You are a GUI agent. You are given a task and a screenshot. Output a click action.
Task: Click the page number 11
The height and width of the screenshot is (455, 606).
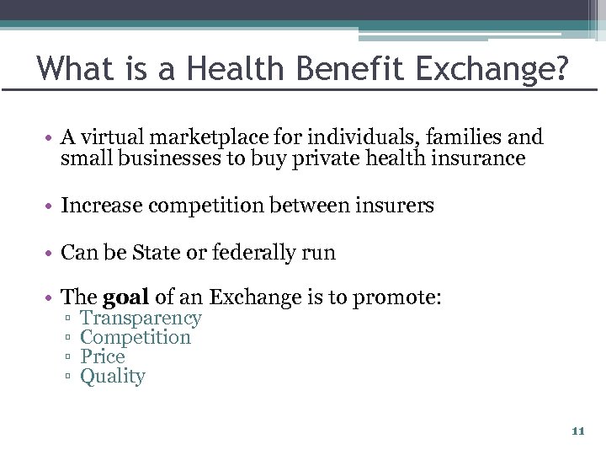[x=577, y=431]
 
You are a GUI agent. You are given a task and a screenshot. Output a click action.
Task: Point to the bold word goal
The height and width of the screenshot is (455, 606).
[x=125, y=297]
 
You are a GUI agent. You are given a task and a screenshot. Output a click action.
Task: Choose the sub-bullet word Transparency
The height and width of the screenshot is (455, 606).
[x=141, y=318]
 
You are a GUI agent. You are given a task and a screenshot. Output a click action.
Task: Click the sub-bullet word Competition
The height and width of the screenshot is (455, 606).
[x=136, y=338]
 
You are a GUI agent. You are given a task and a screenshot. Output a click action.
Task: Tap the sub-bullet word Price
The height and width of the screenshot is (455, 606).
[x=102, y=357]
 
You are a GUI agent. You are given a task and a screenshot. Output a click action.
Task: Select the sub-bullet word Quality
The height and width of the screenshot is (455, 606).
[x=113, y=377]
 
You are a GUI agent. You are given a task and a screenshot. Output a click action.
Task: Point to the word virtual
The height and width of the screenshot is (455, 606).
[x=109, y=137]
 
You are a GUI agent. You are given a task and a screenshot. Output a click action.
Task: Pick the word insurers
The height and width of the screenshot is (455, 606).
[x=396, y=206]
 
